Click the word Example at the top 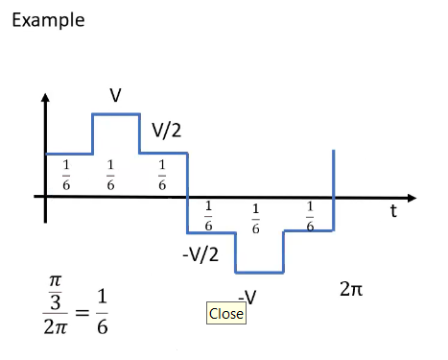[48, 19]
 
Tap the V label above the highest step [115, 95]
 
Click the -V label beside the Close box [248, 297]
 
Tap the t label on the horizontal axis [393, 212]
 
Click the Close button [226, 313]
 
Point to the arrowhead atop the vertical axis [45, 98]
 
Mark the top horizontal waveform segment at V [115, 114]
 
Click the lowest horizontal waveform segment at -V [259, 273]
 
